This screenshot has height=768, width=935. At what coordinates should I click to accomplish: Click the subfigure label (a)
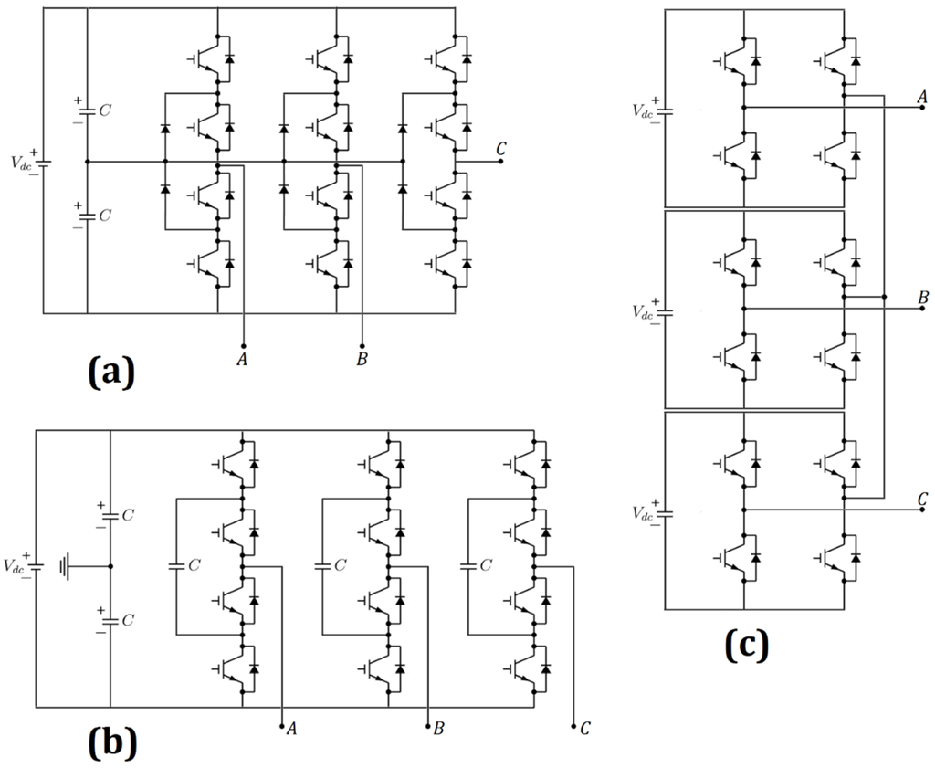coord(110,372)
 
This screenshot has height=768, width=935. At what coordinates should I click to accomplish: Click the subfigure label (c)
coord(747,645)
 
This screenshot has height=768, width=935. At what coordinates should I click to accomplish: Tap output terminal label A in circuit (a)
coord(242,360)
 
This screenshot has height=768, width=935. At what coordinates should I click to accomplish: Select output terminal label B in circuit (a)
coord(362,360)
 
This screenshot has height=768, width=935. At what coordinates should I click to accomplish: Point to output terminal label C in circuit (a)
coord(501,149)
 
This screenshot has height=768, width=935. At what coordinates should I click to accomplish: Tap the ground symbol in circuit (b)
coord(63,566)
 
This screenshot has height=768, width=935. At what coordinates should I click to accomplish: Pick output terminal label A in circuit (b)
coord(291,729)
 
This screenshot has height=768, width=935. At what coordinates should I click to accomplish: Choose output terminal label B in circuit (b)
coord(439,729)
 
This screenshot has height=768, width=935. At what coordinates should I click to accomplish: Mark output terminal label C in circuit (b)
coord(584,729)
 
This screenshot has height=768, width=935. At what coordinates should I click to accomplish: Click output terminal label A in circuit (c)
coord(921,97)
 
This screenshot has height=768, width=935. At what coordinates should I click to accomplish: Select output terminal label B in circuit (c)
coord(922,298)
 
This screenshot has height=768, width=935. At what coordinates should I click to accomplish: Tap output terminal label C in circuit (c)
coord(922,499)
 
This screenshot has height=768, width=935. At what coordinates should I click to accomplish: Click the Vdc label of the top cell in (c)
coord(645,110)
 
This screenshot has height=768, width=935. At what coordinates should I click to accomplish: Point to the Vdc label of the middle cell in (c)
coord(645,311)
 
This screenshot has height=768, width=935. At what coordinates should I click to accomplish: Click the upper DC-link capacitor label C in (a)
coord(106,110)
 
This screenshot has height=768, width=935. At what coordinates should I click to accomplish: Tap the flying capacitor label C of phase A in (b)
coord(194,566)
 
